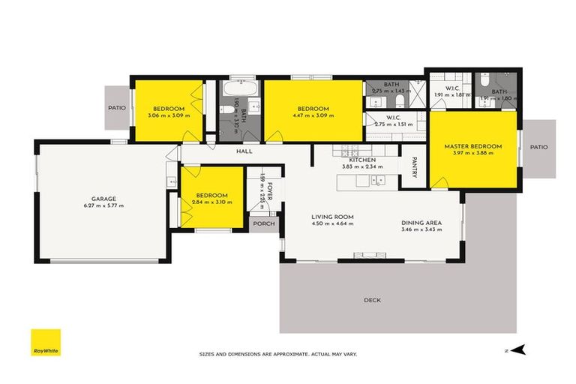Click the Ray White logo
coord(45,343)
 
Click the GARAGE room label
coord(103,198)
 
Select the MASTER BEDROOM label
coord(472,146)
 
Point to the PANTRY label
coord(412,167)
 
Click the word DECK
coord(372,300)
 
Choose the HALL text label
coord(244,151)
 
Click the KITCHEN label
coord(362,160)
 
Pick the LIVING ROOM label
coord(332,217)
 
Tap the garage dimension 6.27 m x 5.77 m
coord(103,205)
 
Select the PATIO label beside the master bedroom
coord(538,147)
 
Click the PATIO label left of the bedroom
coord(116,107)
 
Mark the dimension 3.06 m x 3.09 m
coord(169,115)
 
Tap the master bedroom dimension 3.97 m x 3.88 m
coord(472,154)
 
